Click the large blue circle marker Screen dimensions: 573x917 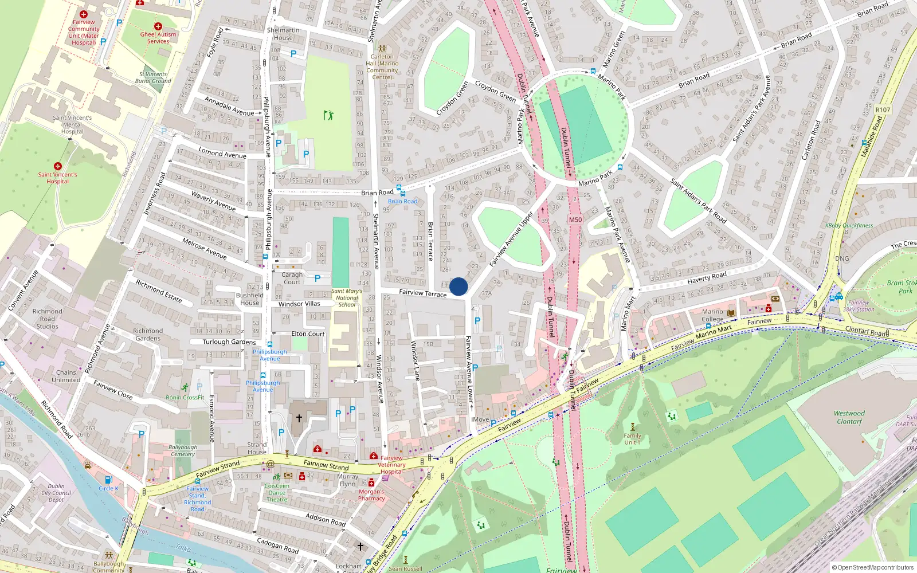click(x=458, y=286)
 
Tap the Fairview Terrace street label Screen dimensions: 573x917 click(x=422, y=293)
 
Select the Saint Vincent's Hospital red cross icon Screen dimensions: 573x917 click(x=57, y=166)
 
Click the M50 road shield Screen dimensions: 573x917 click(x=575, y=219)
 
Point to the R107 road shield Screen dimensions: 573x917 click(x=883, y=109)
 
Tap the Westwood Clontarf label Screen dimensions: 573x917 click(x=849, y=417)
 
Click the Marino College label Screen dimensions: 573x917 click(x=712, y=316)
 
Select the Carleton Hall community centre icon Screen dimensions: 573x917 click(x=382, y=49)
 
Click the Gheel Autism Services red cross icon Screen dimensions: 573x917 click(x=158, y=26)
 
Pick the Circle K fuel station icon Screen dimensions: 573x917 click(x=108, y=480)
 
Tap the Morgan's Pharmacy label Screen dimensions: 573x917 click(x=371, y=495)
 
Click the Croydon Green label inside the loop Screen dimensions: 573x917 click(x=452, y=98)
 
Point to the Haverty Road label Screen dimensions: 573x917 click(x=707, y=278)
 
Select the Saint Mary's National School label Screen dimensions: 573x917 click(x=347, y=297)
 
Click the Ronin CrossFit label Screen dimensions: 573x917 click(x=185, y=397)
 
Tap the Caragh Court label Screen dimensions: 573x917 click(x=292, y=278)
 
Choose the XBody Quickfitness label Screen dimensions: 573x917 click(x=849, y=225)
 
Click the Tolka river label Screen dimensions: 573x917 click(x=183, y=548)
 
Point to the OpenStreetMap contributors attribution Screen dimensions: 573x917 click(x=872, y=568)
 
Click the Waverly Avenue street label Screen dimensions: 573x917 click(x=213, y=201)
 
